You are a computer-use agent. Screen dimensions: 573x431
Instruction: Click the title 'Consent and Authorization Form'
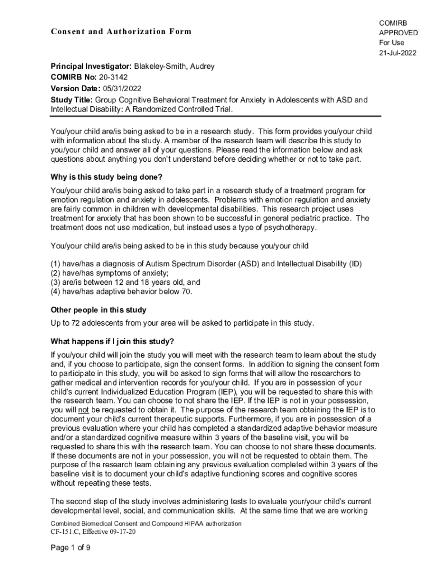click(121, 31)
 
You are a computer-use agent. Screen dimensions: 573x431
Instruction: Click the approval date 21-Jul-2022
click(397, 53)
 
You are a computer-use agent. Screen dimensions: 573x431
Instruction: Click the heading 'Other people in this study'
click(99, 310)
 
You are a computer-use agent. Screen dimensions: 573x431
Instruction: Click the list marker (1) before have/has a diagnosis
click(55, 264)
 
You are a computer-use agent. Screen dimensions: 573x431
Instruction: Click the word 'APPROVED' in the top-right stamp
click(398, 32)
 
